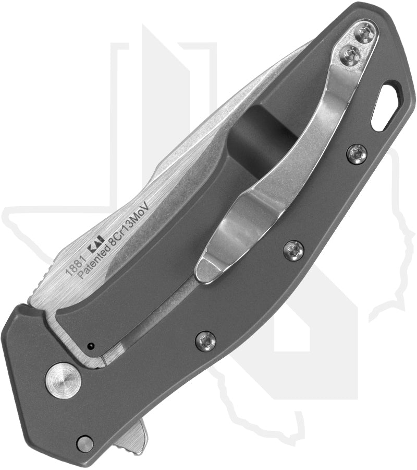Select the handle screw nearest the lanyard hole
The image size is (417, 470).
(357, 154)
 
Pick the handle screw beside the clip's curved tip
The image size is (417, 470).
(294, 250)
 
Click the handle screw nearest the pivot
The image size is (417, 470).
(205, 342)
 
